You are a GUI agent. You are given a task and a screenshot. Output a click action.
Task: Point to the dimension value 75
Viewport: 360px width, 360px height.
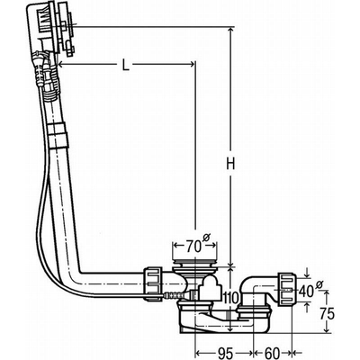pos(330,315)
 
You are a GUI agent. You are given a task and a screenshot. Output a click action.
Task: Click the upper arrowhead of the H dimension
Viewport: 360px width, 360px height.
pos(231,32)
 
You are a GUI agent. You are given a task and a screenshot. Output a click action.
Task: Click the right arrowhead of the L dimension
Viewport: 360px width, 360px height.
pos(192,63)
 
